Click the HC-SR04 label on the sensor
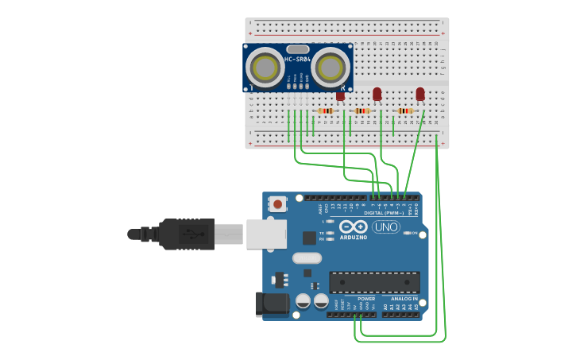(298, 60)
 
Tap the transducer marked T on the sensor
(265, 68)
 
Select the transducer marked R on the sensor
(331, 68)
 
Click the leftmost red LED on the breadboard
(340, 95)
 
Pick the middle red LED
(377, 94)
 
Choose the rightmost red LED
(420, 94)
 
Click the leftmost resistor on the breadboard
(325, 110)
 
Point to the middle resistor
(362, 110)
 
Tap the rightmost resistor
(405, 110)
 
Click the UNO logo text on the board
(386, 227)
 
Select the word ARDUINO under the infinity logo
(354, 237)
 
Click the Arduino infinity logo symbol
(354, 226)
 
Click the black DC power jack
(271, 304)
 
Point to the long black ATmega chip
(374, 281)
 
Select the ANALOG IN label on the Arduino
(404, 299)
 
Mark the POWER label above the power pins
(366, 299)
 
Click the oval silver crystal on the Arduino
(307, 257)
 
